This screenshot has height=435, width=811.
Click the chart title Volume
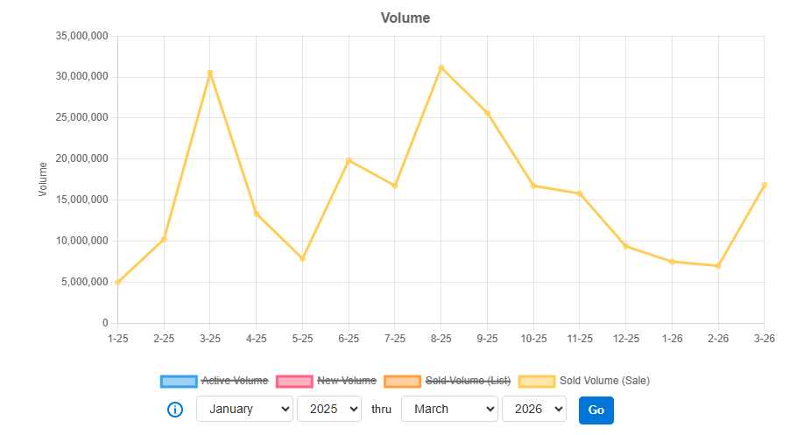click(x=405, y=18)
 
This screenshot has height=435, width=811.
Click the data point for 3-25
click(x=210, y=74)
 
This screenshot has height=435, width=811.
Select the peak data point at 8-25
click(x=441, y=67)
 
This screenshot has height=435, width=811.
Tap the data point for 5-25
click(x=302, y=259)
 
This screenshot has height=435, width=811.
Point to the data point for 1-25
click(x=117, y=282)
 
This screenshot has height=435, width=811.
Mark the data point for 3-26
click(x=765, y=186)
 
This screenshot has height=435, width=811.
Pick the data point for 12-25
click(x=625, y=246)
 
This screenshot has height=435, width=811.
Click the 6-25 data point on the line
click(x=349, y=160)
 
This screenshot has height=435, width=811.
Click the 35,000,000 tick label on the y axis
click(x=81, y=36)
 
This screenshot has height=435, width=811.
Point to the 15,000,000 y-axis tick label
click(x=81, y=200)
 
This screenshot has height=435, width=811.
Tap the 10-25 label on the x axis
click(x=533, y=338)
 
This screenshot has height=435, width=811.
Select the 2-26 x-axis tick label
click(x=718, y=338)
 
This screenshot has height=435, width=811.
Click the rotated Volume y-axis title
click(x=43, y=179)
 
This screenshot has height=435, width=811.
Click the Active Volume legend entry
click(x=215, y=381)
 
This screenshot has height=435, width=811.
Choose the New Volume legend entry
click(x=326, y=381)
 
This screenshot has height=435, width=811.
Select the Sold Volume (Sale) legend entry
click(x=584, y=381)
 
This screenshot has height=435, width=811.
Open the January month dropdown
click(x=244, y=409)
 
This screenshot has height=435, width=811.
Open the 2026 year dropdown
click(x=534, y=409)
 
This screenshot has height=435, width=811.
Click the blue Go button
click(x=596, y=410)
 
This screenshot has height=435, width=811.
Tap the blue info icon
click(x=175, y=410)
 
